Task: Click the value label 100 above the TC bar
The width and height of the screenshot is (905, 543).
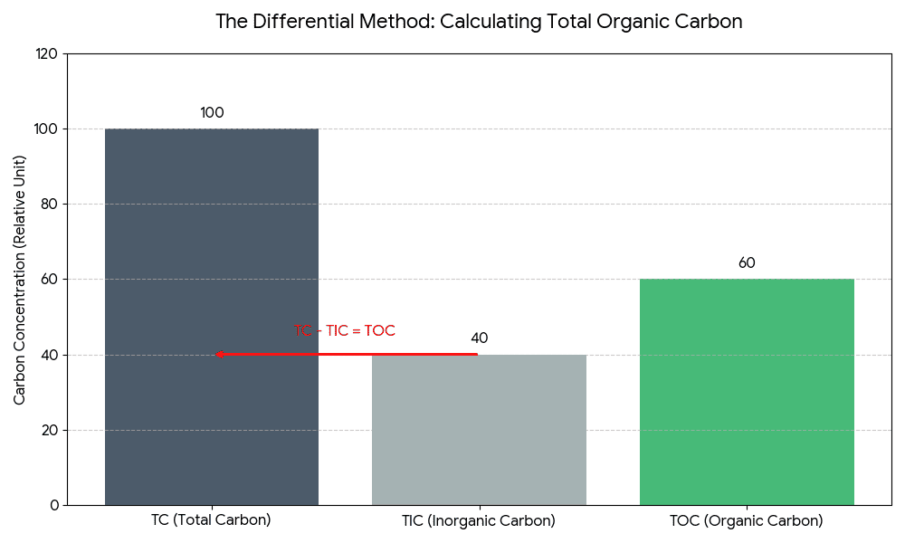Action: click(212, 113)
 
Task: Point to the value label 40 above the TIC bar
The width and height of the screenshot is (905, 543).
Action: click(479, 338)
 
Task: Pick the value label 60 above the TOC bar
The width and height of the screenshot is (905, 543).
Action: click(747, 263)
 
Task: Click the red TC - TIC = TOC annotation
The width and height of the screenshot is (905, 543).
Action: click(345, 331)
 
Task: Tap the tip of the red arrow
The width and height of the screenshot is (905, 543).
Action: click(218, 355)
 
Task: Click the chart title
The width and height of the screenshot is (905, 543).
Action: click(479, 22)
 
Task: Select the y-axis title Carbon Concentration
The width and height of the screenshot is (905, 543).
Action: click(20, 279)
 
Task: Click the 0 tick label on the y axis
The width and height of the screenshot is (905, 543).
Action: click(53, 505)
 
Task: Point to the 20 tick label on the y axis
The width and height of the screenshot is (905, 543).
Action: click(50, 430)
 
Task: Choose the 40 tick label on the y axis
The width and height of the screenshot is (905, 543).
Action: click(50, 355)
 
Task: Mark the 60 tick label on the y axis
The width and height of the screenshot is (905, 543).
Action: click(50, 280)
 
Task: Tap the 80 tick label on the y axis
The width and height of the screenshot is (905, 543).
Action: click(50, 205)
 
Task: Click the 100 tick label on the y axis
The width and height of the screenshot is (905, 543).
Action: click(46, 129)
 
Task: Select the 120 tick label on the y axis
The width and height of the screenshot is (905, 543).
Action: click(46, 54)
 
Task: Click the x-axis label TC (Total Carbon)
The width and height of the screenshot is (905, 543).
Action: click(211, 520)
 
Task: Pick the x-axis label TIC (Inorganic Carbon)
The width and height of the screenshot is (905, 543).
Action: click(479, 521)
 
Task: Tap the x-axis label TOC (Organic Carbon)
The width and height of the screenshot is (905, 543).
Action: click(747, 521)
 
